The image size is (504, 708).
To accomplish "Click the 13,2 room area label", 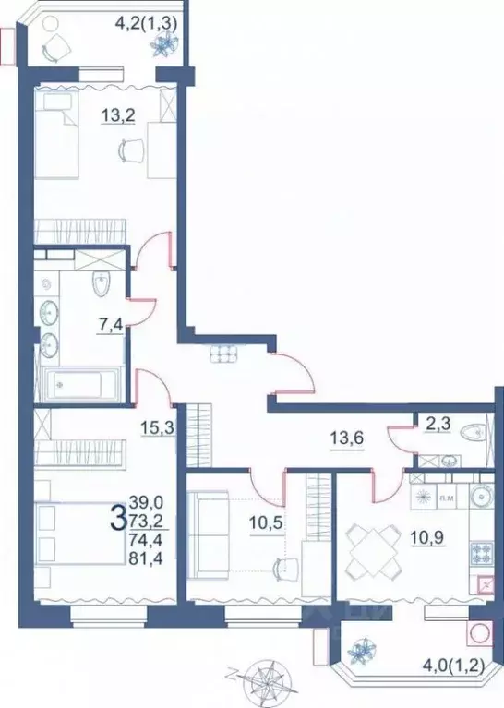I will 115,116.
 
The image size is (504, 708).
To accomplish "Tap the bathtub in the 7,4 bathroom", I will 83,382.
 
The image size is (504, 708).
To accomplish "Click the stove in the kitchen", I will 482,554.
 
